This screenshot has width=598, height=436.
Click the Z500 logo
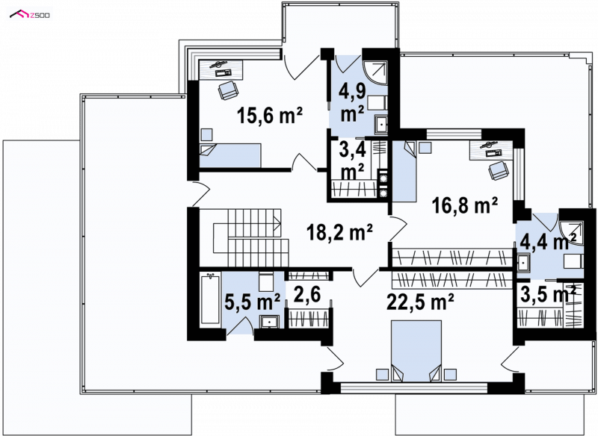tap(30, 15)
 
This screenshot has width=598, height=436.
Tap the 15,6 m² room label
tap(270, 115)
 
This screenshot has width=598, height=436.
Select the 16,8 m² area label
tap(464, 205)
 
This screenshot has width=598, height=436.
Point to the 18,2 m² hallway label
tap(340, 232)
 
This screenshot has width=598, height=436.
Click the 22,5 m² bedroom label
tap(420, 302)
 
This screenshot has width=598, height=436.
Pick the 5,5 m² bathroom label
tap(253, 302)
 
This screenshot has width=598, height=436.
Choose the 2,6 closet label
tap(307, 295)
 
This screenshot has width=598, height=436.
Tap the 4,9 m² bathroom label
tap(353, 102)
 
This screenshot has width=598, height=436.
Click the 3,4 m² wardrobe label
tap(353, 161)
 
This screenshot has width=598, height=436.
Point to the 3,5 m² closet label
tap(548, 294)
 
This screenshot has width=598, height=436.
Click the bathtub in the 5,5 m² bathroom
tap(210, 299)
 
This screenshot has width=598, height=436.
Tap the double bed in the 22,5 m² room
tap(416, 351)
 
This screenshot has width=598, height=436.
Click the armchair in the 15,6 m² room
tap(228, 90)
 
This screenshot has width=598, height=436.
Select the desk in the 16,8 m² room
tap(491, 149)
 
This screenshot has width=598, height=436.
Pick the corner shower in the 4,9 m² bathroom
tap(374, 72)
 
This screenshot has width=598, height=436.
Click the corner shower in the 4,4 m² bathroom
tap(571, 232)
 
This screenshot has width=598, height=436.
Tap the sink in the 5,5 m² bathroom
tap(271, 321)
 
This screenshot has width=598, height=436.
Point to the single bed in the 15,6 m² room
tap(230, 155)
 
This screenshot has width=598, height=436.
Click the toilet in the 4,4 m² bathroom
tap(573, 262)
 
